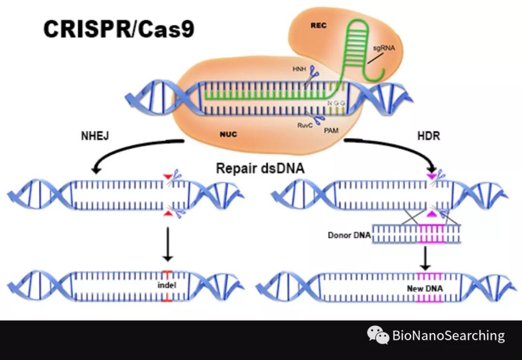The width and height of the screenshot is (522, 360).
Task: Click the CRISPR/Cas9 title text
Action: point(118,29)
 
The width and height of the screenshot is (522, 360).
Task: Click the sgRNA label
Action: point(381,49)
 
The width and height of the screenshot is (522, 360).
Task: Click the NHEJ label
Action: point(95,136)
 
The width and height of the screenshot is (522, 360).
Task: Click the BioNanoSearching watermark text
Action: point(448,335)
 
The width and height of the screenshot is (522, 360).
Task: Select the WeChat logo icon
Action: point(378,335)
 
